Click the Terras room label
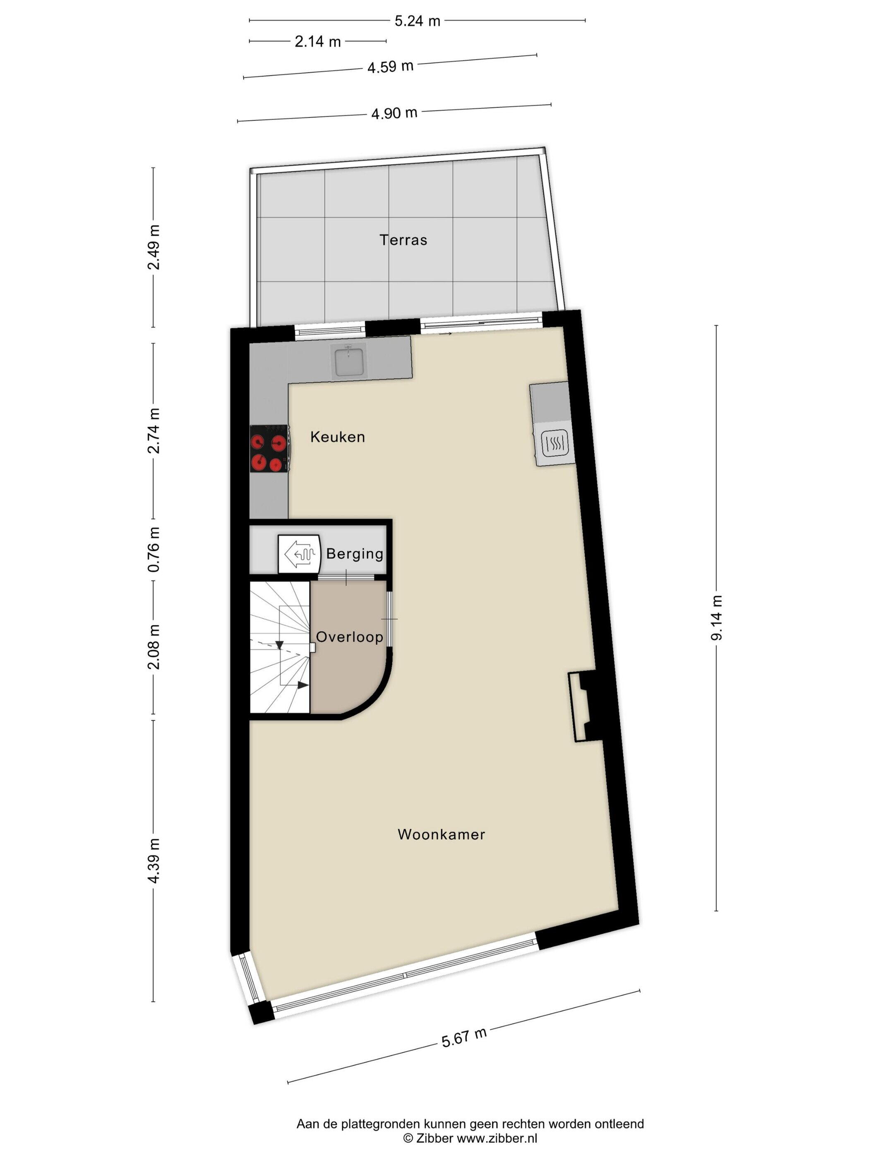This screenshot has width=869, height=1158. click(403, 240)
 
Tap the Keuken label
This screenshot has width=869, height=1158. click(337, 437)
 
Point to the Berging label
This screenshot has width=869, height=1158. click(355, 554)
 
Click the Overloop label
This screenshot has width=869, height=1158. click(349, 636)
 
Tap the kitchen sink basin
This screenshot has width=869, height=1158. click(349, 361)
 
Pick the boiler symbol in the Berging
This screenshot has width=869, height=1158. click(299, 554)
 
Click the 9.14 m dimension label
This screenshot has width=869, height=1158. click(716, 618)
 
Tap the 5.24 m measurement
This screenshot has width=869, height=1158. click(417, 21)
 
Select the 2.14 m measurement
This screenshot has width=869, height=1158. click(317, 41)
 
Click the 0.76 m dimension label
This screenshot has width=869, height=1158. click(154, 550)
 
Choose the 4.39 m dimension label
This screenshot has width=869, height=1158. click(154, 861)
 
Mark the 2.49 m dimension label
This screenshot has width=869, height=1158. click(154, 247)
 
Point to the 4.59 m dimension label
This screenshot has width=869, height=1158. click(390, 67)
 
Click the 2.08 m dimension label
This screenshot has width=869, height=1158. click(154, 647)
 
